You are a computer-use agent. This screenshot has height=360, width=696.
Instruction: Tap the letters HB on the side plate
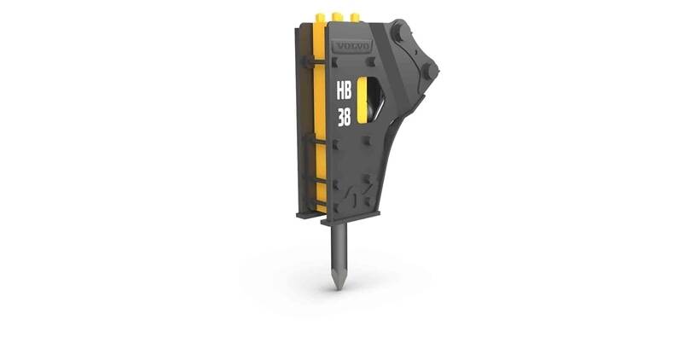[x=345, y=91]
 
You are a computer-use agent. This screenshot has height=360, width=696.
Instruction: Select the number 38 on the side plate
[x=344, y=117]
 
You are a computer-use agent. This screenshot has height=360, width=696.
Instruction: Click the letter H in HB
[x=340, y=91]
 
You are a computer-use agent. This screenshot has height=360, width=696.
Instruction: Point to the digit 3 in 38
[x=340, y=117]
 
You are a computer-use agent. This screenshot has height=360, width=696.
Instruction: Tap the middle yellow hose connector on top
[x=338, y=17]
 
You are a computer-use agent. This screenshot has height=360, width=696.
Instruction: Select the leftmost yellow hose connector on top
[x=320, y=18]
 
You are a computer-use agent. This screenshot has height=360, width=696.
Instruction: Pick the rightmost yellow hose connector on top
[x=355, y=17]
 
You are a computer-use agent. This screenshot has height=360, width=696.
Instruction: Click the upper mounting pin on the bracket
[x=397, y=31]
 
